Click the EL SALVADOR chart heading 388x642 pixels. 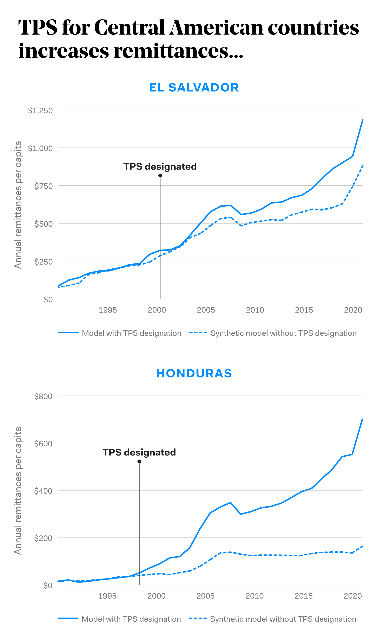pos(194,87)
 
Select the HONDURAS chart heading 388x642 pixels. pos(194,373)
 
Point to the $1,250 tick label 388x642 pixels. pos(40,110)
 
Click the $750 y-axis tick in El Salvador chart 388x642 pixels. pos(44,186)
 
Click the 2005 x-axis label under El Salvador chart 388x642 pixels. pos(206,310)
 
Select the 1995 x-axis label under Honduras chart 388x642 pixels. pos(107,596)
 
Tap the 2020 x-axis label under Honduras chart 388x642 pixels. pos(353,596)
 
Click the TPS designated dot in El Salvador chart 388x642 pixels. pos(160,176)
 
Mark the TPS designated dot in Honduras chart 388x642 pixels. pos(139,462)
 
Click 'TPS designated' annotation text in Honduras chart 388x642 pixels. pos(139,452)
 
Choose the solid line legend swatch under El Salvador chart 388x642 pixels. pos(68,332)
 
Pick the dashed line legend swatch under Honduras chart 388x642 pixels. pos(198,618)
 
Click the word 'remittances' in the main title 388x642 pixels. pos(171,51)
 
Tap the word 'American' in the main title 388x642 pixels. pos(216,28)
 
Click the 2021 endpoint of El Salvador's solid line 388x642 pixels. pos(363,120)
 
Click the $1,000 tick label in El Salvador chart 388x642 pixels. pos(40,148)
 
